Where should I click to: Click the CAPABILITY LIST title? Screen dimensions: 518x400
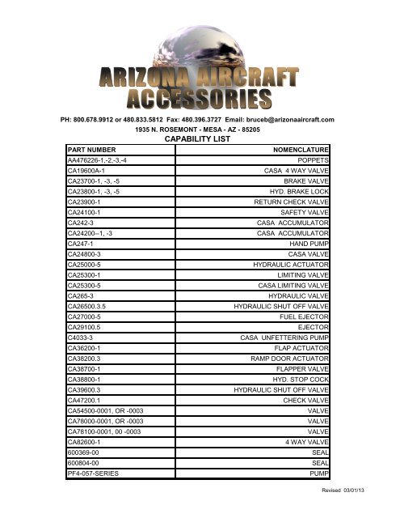199,138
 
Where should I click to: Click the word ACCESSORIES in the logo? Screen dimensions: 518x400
200,99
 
